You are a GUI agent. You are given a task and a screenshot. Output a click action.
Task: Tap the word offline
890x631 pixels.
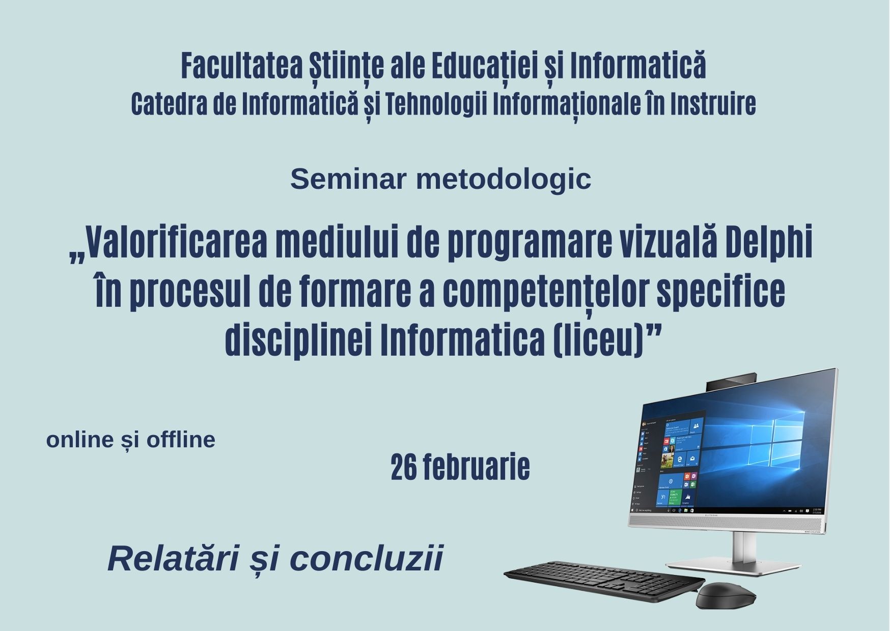(181, 440)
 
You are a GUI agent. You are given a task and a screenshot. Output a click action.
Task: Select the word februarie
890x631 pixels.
(475, 467)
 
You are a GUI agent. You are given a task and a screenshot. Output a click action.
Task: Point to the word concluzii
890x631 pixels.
(367, 558)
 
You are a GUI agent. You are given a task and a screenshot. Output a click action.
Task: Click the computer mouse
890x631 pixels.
(726, 595)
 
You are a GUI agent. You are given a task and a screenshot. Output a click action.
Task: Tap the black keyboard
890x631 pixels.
(604, 580)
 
